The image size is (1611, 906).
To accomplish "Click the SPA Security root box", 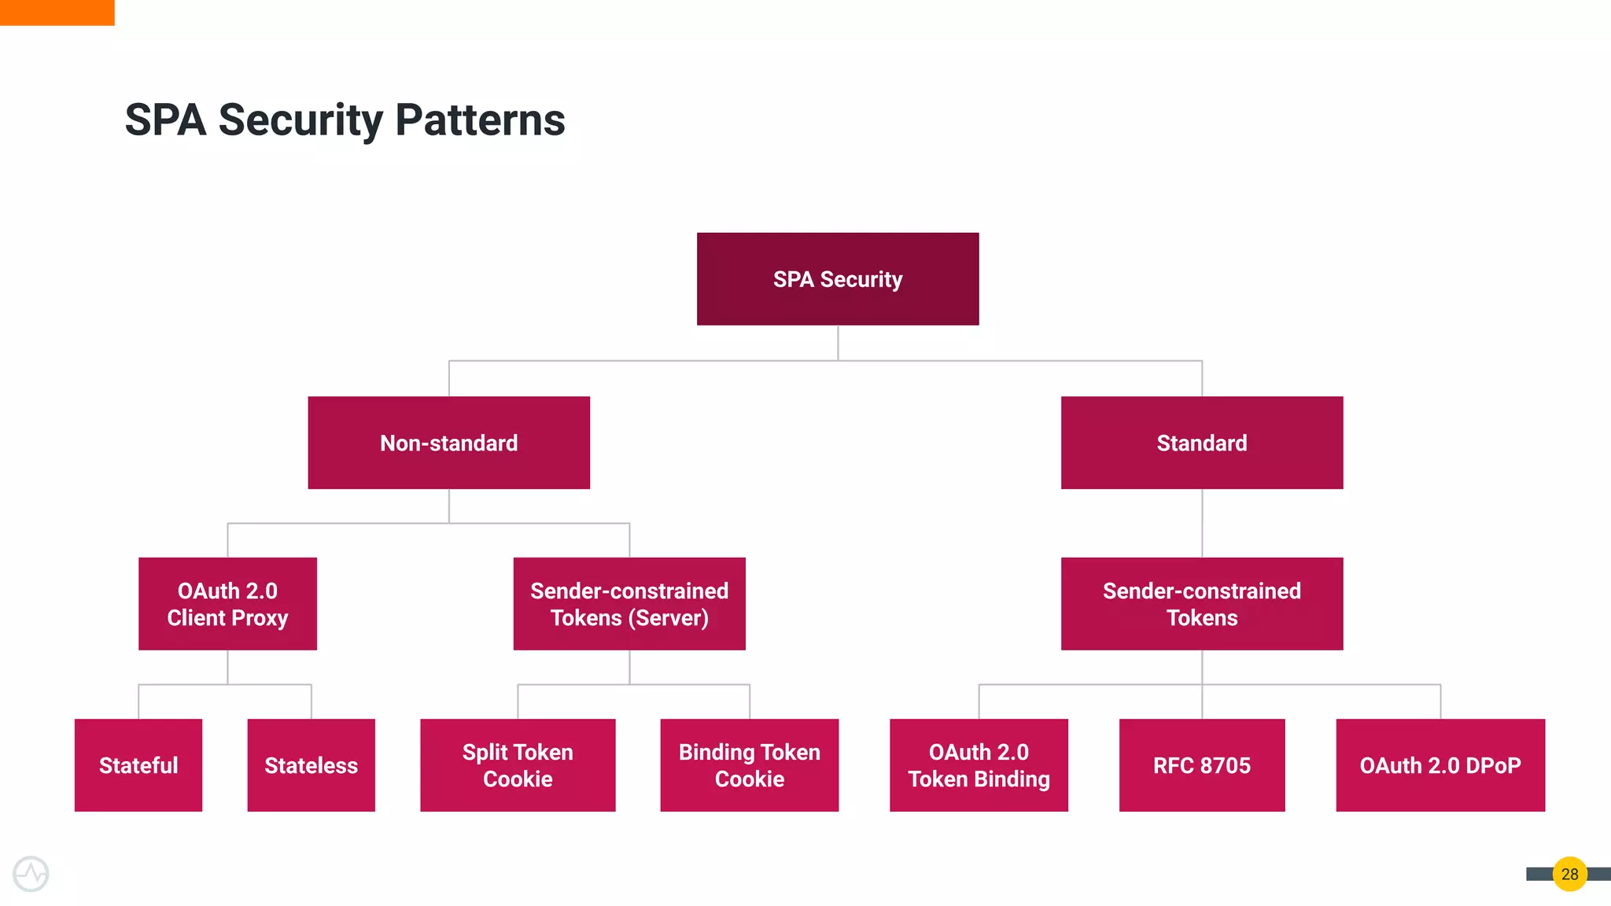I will click(838, 279).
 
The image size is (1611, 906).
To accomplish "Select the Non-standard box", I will click(448, 443).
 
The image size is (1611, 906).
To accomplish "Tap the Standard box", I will click(1202, 443).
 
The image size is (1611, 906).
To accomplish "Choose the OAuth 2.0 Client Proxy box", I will click(227, 604).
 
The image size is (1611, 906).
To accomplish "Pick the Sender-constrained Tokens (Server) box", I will click(629, 604).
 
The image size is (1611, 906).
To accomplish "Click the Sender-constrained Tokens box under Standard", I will click(1202, 604).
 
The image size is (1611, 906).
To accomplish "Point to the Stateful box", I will click(138, 765).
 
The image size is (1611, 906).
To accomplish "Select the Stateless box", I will click(311, 765).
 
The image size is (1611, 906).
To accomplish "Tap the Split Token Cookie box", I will click(518, 765).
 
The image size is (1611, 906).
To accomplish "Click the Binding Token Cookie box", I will click(749, 765).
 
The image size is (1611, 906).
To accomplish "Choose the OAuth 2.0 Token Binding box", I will click(979, 765).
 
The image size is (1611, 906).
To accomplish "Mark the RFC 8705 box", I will click(1202, 765).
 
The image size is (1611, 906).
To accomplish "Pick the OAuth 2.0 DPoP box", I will click(1440, 765).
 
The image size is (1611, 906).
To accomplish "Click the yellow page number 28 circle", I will click(1569, 874).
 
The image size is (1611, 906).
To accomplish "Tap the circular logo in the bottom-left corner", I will click(31, 874).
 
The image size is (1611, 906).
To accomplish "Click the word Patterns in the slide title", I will click(480, 120).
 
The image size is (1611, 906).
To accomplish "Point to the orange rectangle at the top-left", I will click(57, 13).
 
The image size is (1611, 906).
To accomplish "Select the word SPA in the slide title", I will click(165, 120).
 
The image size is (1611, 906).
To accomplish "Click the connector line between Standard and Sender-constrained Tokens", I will click(1202, 523).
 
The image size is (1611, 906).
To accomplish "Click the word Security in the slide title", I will click(300, 120).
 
